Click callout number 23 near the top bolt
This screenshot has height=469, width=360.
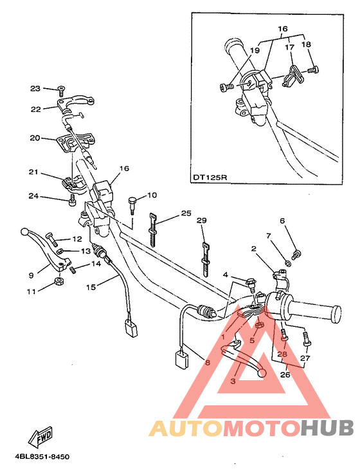pos(34,88)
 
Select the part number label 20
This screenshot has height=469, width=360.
pos(35,138)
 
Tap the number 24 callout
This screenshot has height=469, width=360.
pos(34,196)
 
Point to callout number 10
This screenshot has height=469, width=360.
pos(152,195)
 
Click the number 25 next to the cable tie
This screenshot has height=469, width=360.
pos(186,213)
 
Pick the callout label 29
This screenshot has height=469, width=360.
pos(201,221)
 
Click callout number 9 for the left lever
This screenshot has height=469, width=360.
pos(31,275)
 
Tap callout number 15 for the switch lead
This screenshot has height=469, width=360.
pos(91,286)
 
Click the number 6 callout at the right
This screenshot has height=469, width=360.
pos(282,221)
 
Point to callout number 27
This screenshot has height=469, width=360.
pos(305,358)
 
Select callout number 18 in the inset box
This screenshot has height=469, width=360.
pos(306,44)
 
